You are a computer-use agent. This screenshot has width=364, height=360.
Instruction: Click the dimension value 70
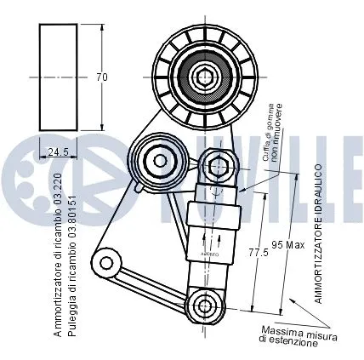point(102,77)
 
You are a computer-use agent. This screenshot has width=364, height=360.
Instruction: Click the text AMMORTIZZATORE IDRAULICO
point(316,234)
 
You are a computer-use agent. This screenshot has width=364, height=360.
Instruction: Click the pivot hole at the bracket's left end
point(108,262)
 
